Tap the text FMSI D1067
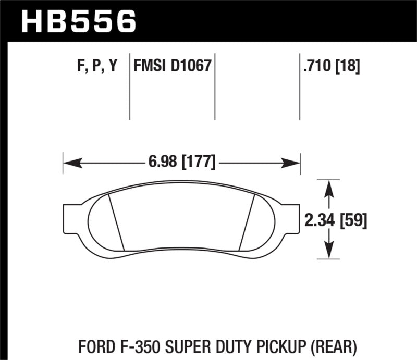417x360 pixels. click(171, 67)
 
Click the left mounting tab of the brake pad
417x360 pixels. click(70, 218)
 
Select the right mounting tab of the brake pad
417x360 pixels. click(293, 218)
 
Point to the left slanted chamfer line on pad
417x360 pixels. click(116, 221)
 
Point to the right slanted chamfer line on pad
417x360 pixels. click(247, 221)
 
